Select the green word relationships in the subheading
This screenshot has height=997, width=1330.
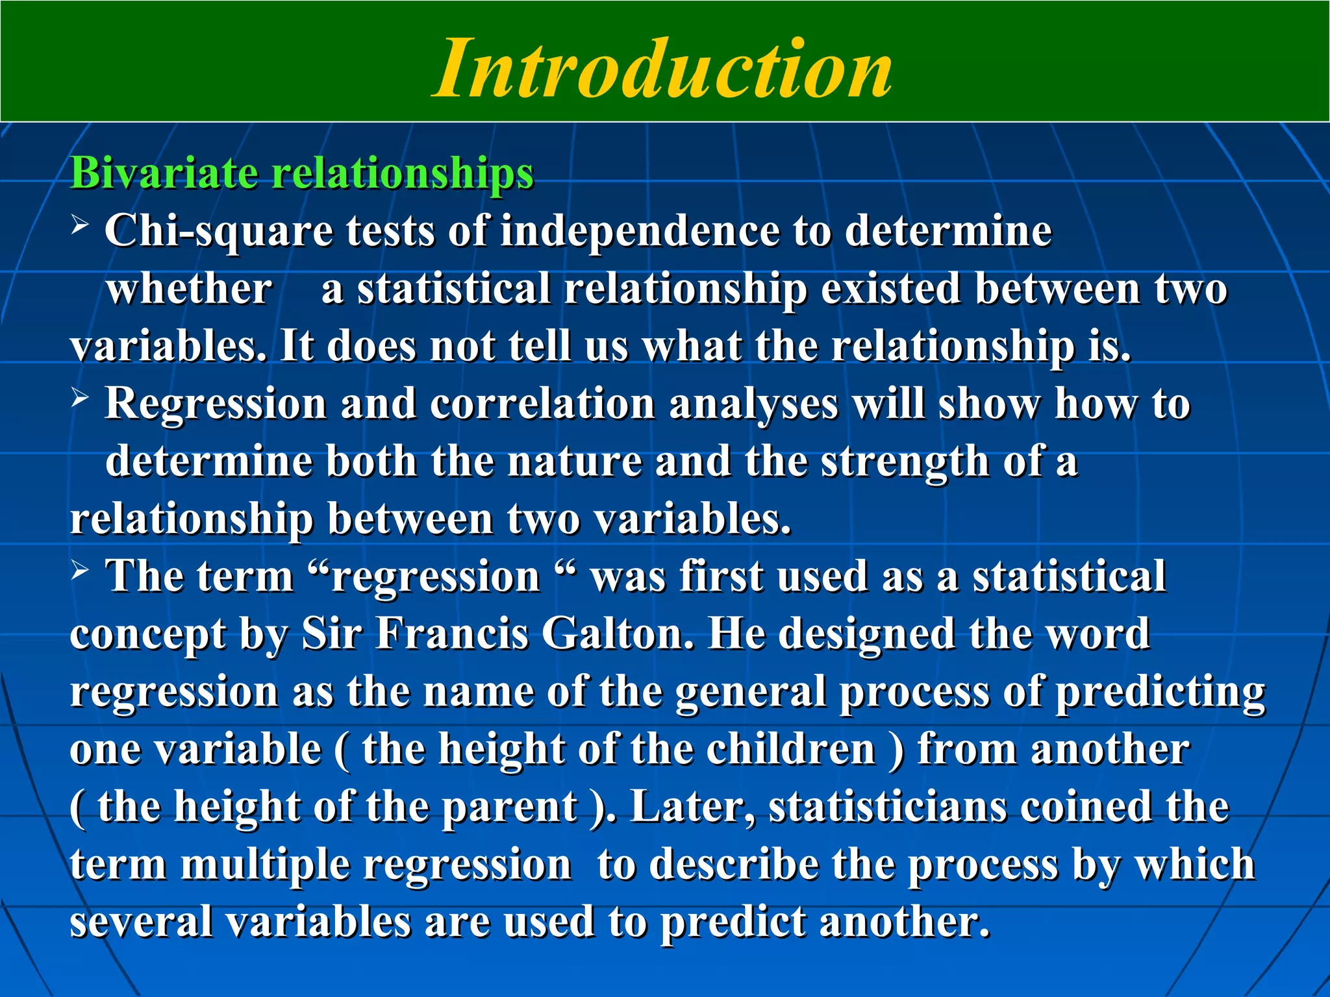coord(402,173)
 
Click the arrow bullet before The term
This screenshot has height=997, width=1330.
coord(80,571)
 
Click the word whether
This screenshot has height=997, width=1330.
coord(189,289)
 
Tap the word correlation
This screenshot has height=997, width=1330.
coord(542,404)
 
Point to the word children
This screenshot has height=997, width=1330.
coord(791,749)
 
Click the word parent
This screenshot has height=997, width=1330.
coord(510,807)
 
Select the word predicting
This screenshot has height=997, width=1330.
coord(1160,692)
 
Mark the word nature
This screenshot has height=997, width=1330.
coord(573,461)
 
